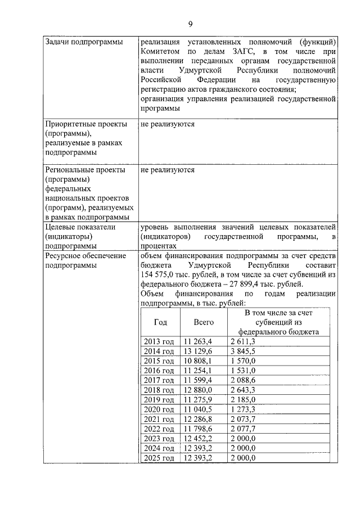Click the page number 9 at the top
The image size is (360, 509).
click(x=190, y=23)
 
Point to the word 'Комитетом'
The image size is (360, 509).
click(x=163, y=52)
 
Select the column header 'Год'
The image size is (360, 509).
click(x=160, y=322)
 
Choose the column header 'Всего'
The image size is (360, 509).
click(x=203, y=322)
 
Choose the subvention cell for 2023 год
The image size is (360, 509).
click(x=243, y=438)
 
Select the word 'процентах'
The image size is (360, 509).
click(x=159, y=246)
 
